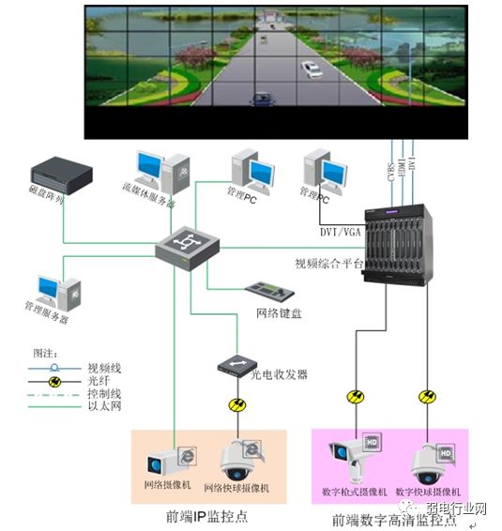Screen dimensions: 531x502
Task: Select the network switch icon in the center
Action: (188, 248)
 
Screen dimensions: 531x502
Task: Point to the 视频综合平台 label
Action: (328, 265)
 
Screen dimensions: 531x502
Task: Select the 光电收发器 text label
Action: (279, 375)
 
